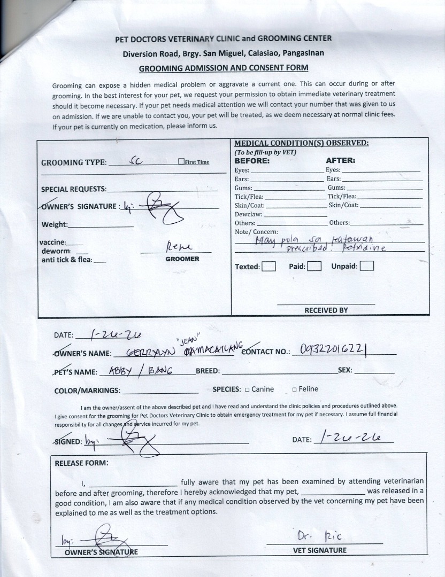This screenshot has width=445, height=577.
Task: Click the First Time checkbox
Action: pos(182,162)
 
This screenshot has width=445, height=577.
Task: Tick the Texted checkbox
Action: pos(269,266)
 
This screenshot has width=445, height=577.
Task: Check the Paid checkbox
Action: pos(314,266)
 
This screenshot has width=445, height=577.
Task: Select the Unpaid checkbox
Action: pos(367,266)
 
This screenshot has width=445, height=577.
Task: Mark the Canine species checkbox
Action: pos(247,389)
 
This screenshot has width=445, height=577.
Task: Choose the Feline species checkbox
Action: pos(294,389)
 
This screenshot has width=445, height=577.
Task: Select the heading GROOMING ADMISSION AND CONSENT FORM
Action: pos(224,68)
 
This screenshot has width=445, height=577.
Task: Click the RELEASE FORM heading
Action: pos(81,463)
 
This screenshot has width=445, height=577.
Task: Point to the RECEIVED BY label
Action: pos(326,310)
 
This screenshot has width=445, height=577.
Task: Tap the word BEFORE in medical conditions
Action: pos(252,160)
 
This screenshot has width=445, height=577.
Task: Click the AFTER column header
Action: pos(340,160)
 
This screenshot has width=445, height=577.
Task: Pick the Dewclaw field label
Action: pos(249,214)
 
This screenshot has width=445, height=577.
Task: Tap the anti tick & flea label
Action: pos(67,260)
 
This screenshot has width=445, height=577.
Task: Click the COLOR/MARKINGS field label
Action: pos(87,391)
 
